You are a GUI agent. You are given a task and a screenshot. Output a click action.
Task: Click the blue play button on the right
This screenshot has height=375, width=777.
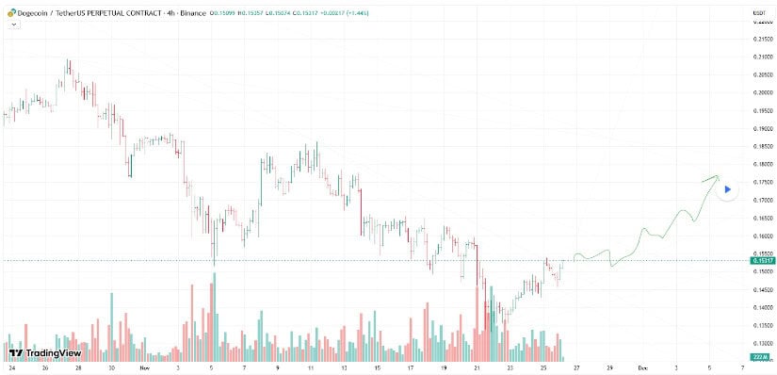click(x=727, y=189)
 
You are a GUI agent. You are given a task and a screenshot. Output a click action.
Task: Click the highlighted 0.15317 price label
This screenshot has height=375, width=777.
click(x=762, y=261)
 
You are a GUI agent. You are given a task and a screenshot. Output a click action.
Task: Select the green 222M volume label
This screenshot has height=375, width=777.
click(x=761, y=357)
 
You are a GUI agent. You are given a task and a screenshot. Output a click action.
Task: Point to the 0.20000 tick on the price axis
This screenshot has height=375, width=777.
click(x=762, y=92)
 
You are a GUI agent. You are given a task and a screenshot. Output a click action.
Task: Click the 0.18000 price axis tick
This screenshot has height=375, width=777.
click(x=762, y=164)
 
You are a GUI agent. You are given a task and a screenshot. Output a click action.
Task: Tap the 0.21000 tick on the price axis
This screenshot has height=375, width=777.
click(x=762, y=57)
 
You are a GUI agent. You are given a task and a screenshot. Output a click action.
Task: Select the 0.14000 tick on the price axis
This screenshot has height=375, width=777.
click(x=762, y=307)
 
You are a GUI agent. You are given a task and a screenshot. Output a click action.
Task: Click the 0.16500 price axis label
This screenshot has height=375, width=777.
click(x=762, y=218)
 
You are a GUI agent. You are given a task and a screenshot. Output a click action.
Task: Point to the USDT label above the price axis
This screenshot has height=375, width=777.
click(x=758, y=11)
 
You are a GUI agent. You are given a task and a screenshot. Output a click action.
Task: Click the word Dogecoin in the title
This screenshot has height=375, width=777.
click(x=33, y=12)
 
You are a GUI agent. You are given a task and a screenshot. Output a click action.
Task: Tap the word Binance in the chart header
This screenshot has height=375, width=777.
click(x=198, y=12)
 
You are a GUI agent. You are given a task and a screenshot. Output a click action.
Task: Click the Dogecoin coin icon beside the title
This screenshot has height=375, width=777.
click(x=10, y=12)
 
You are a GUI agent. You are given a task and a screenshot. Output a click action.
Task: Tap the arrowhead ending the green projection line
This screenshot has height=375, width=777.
click(x=717, y=176)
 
